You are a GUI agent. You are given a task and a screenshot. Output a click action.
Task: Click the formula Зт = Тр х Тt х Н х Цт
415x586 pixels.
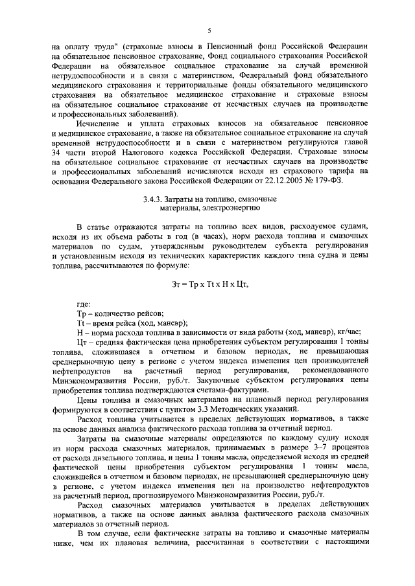208,285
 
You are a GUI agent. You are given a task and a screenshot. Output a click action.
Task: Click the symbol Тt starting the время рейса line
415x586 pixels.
81,323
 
